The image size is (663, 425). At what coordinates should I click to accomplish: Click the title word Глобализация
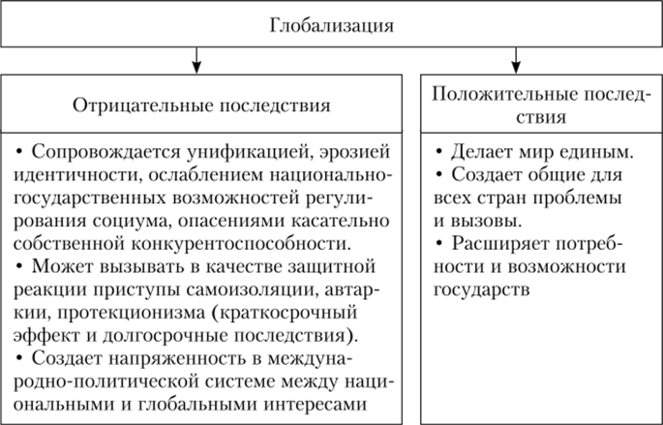(x=331, y=23)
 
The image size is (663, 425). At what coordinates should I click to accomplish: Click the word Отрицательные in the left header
(x=133, y=104)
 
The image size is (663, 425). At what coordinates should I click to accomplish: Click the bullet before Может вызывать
(x=20, y=265)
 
